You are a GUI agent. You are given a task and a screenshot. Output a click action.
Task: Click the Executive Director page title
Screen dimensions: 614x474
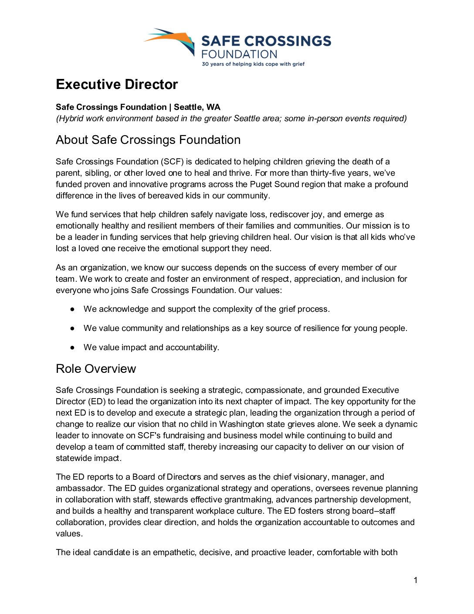(117, 84)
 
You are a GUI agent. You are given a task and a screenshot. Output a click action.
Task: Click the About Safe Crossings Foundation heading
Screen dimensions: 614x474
(148, 140)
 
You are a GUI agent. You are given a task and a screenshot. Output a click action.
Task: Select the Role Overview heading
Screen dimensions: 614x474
(96, 368)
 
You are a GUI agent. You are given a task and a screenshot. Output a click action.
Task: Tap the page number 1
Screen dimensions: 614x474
(416, 580)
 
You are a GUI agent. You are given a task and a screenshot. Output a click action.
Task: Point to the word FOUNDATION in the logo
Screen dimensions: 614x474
(239, 54)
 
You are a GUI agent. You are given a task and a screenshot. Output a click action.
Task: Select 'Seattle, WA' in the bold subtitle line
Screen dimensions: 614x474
(197, 107)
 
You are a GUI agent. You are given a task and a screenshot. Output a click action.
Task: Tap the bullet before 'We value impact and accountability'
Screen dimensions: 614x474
(73, 348)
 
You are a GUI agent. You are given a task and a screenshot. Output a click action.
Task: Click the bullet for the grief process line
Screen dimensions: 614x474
(73, 309)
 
